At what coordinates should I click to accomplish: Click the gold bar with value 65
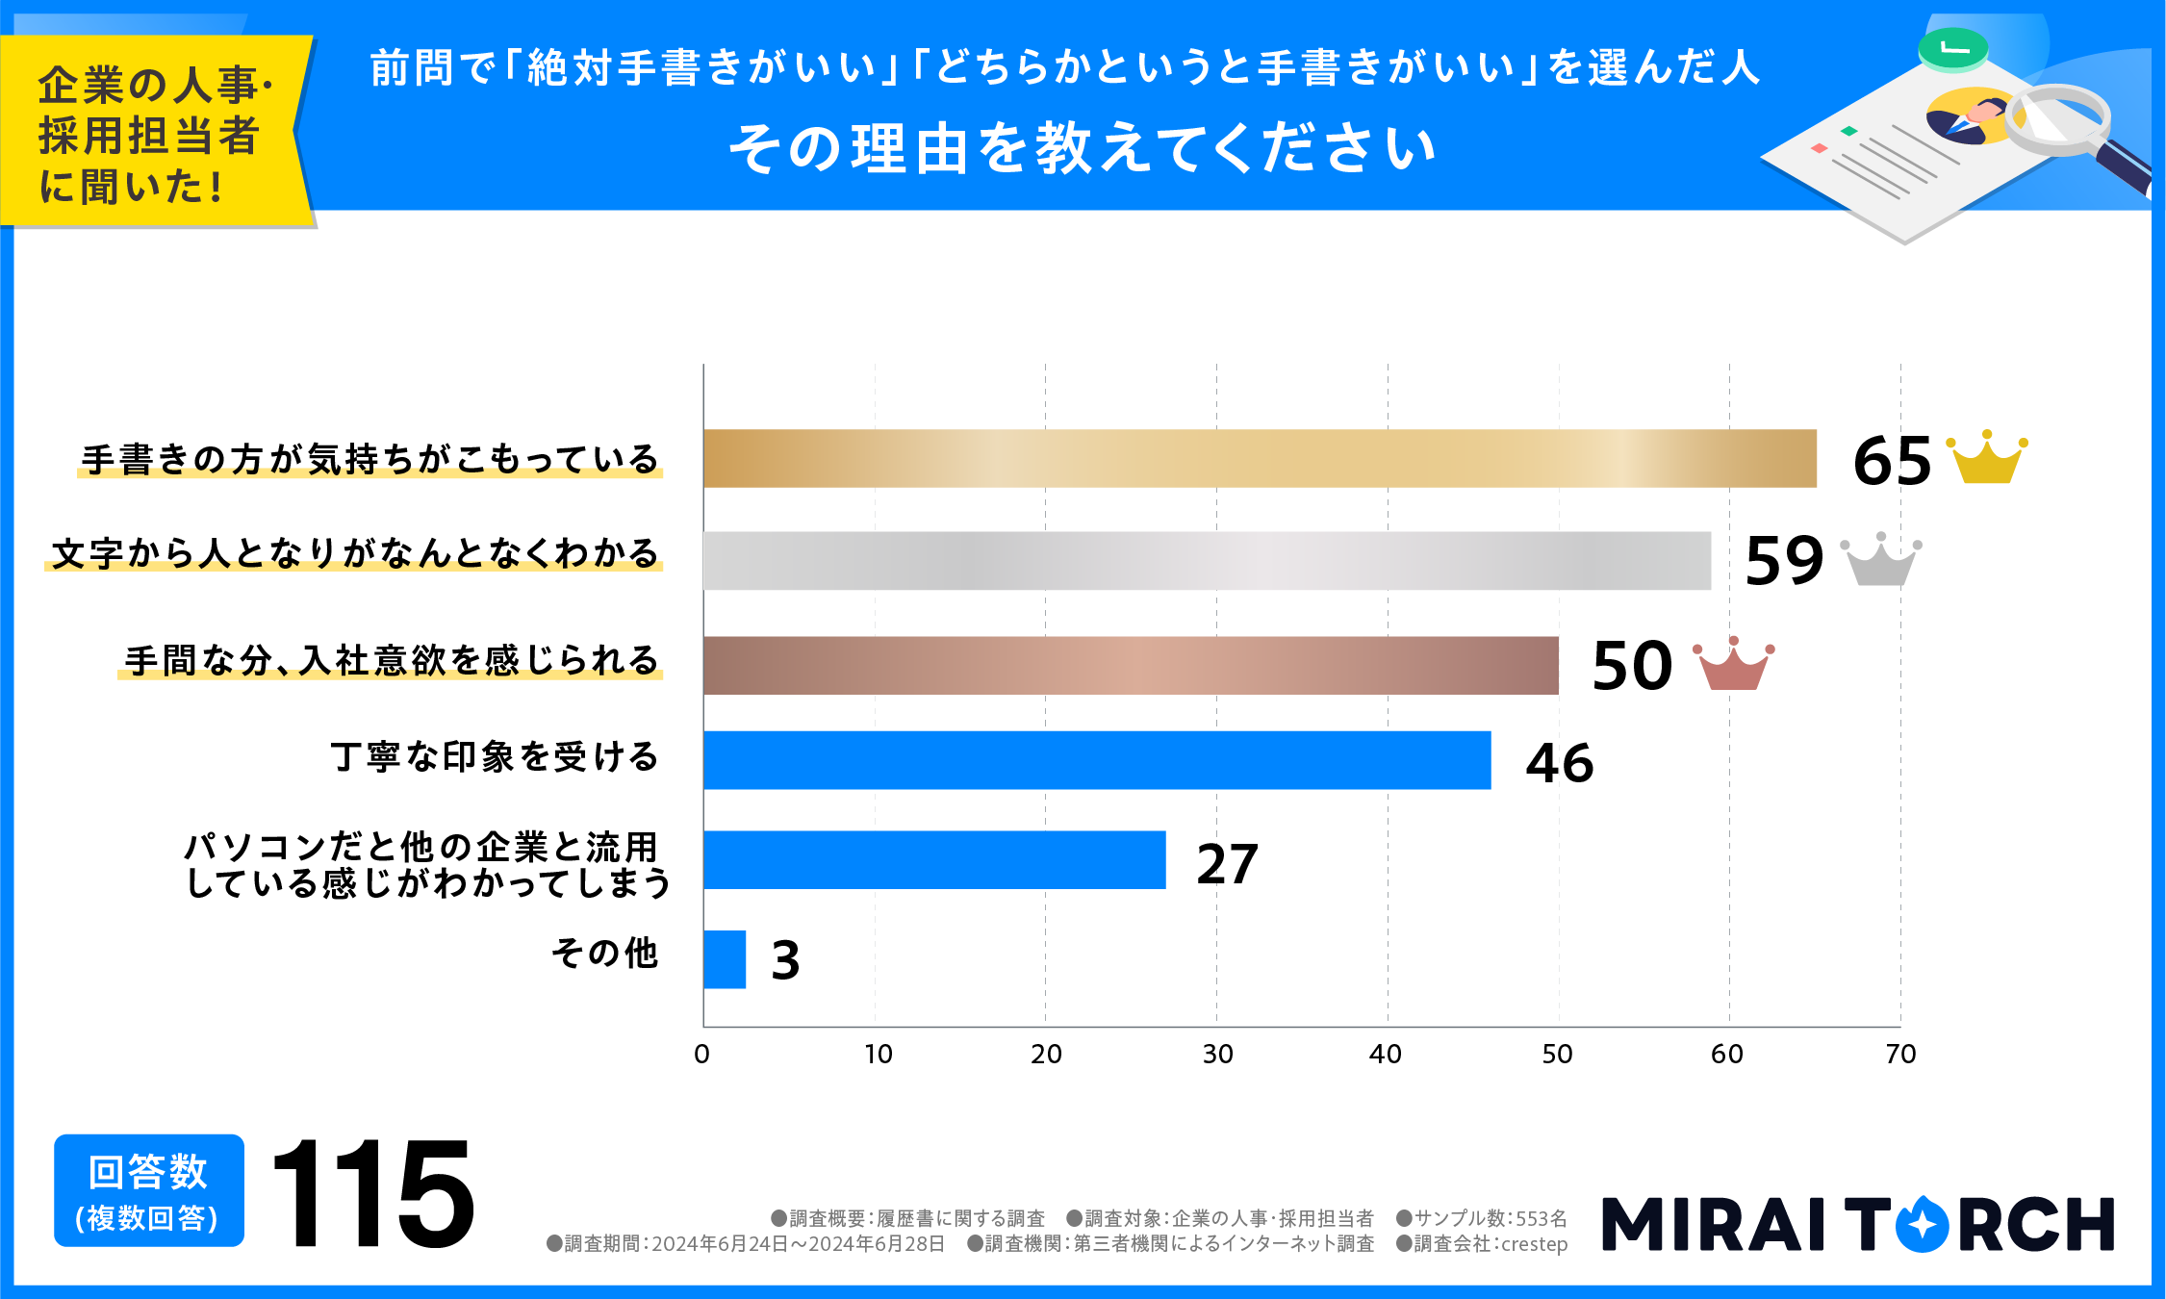[x=1259, y=458]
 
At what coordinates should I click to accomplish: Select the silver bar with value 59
[x=1207, y=560]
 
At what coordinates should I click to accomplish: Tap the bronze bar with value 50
[x=1131, y=665]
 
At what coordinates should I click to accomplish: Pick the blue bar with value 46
[x=1097, y=760]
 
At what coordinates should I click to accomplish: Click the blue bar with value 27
[x=934, y=859]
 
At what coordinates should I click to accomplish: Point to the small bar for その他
[x=725, y=959]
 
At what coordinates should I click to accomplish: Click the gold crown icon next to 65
[x=1986, y=459]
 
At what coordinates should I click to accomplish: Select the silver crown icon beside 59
[x=1880, y=560]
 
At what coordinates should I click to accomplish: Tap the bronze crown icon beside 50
[x=1733, y=665]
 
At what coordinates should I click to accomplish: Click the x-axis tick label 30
[x=1217, y=1055]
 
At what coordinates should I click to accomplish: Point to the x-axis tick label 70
[x=1900, y=1055]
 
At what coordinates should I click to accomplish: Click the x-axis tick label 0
[x=702, y=1055]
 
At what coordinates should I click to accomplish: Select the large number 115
[x=373, y=1193]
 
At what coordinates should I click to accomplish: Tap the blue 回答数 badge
[x=149, y=1191]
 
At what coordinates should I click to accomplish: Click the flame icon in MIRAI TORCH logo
[x=1921, y=1224]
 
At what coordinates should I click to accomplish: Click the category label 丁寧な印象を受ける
[x=495, y=757]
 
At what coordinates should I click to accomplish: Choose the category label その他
[x=604, y=954]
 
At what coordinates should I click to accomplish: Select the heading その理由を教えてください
[x=1083, y=150]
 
